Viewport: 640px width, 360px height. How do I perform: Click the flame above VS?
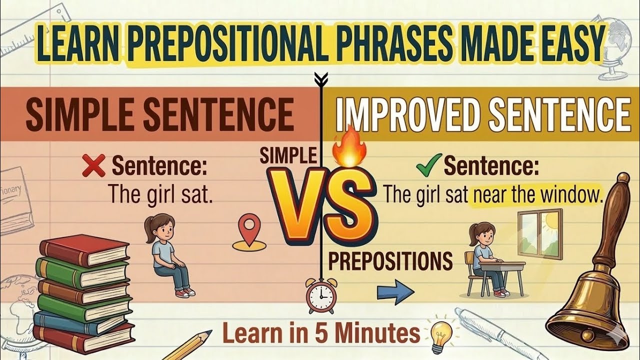[349, 146]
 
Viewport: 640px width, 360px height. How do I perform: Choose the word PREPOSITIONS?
[390, 261]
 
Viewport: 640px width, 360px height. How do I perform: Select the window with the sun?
[540, 233]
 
